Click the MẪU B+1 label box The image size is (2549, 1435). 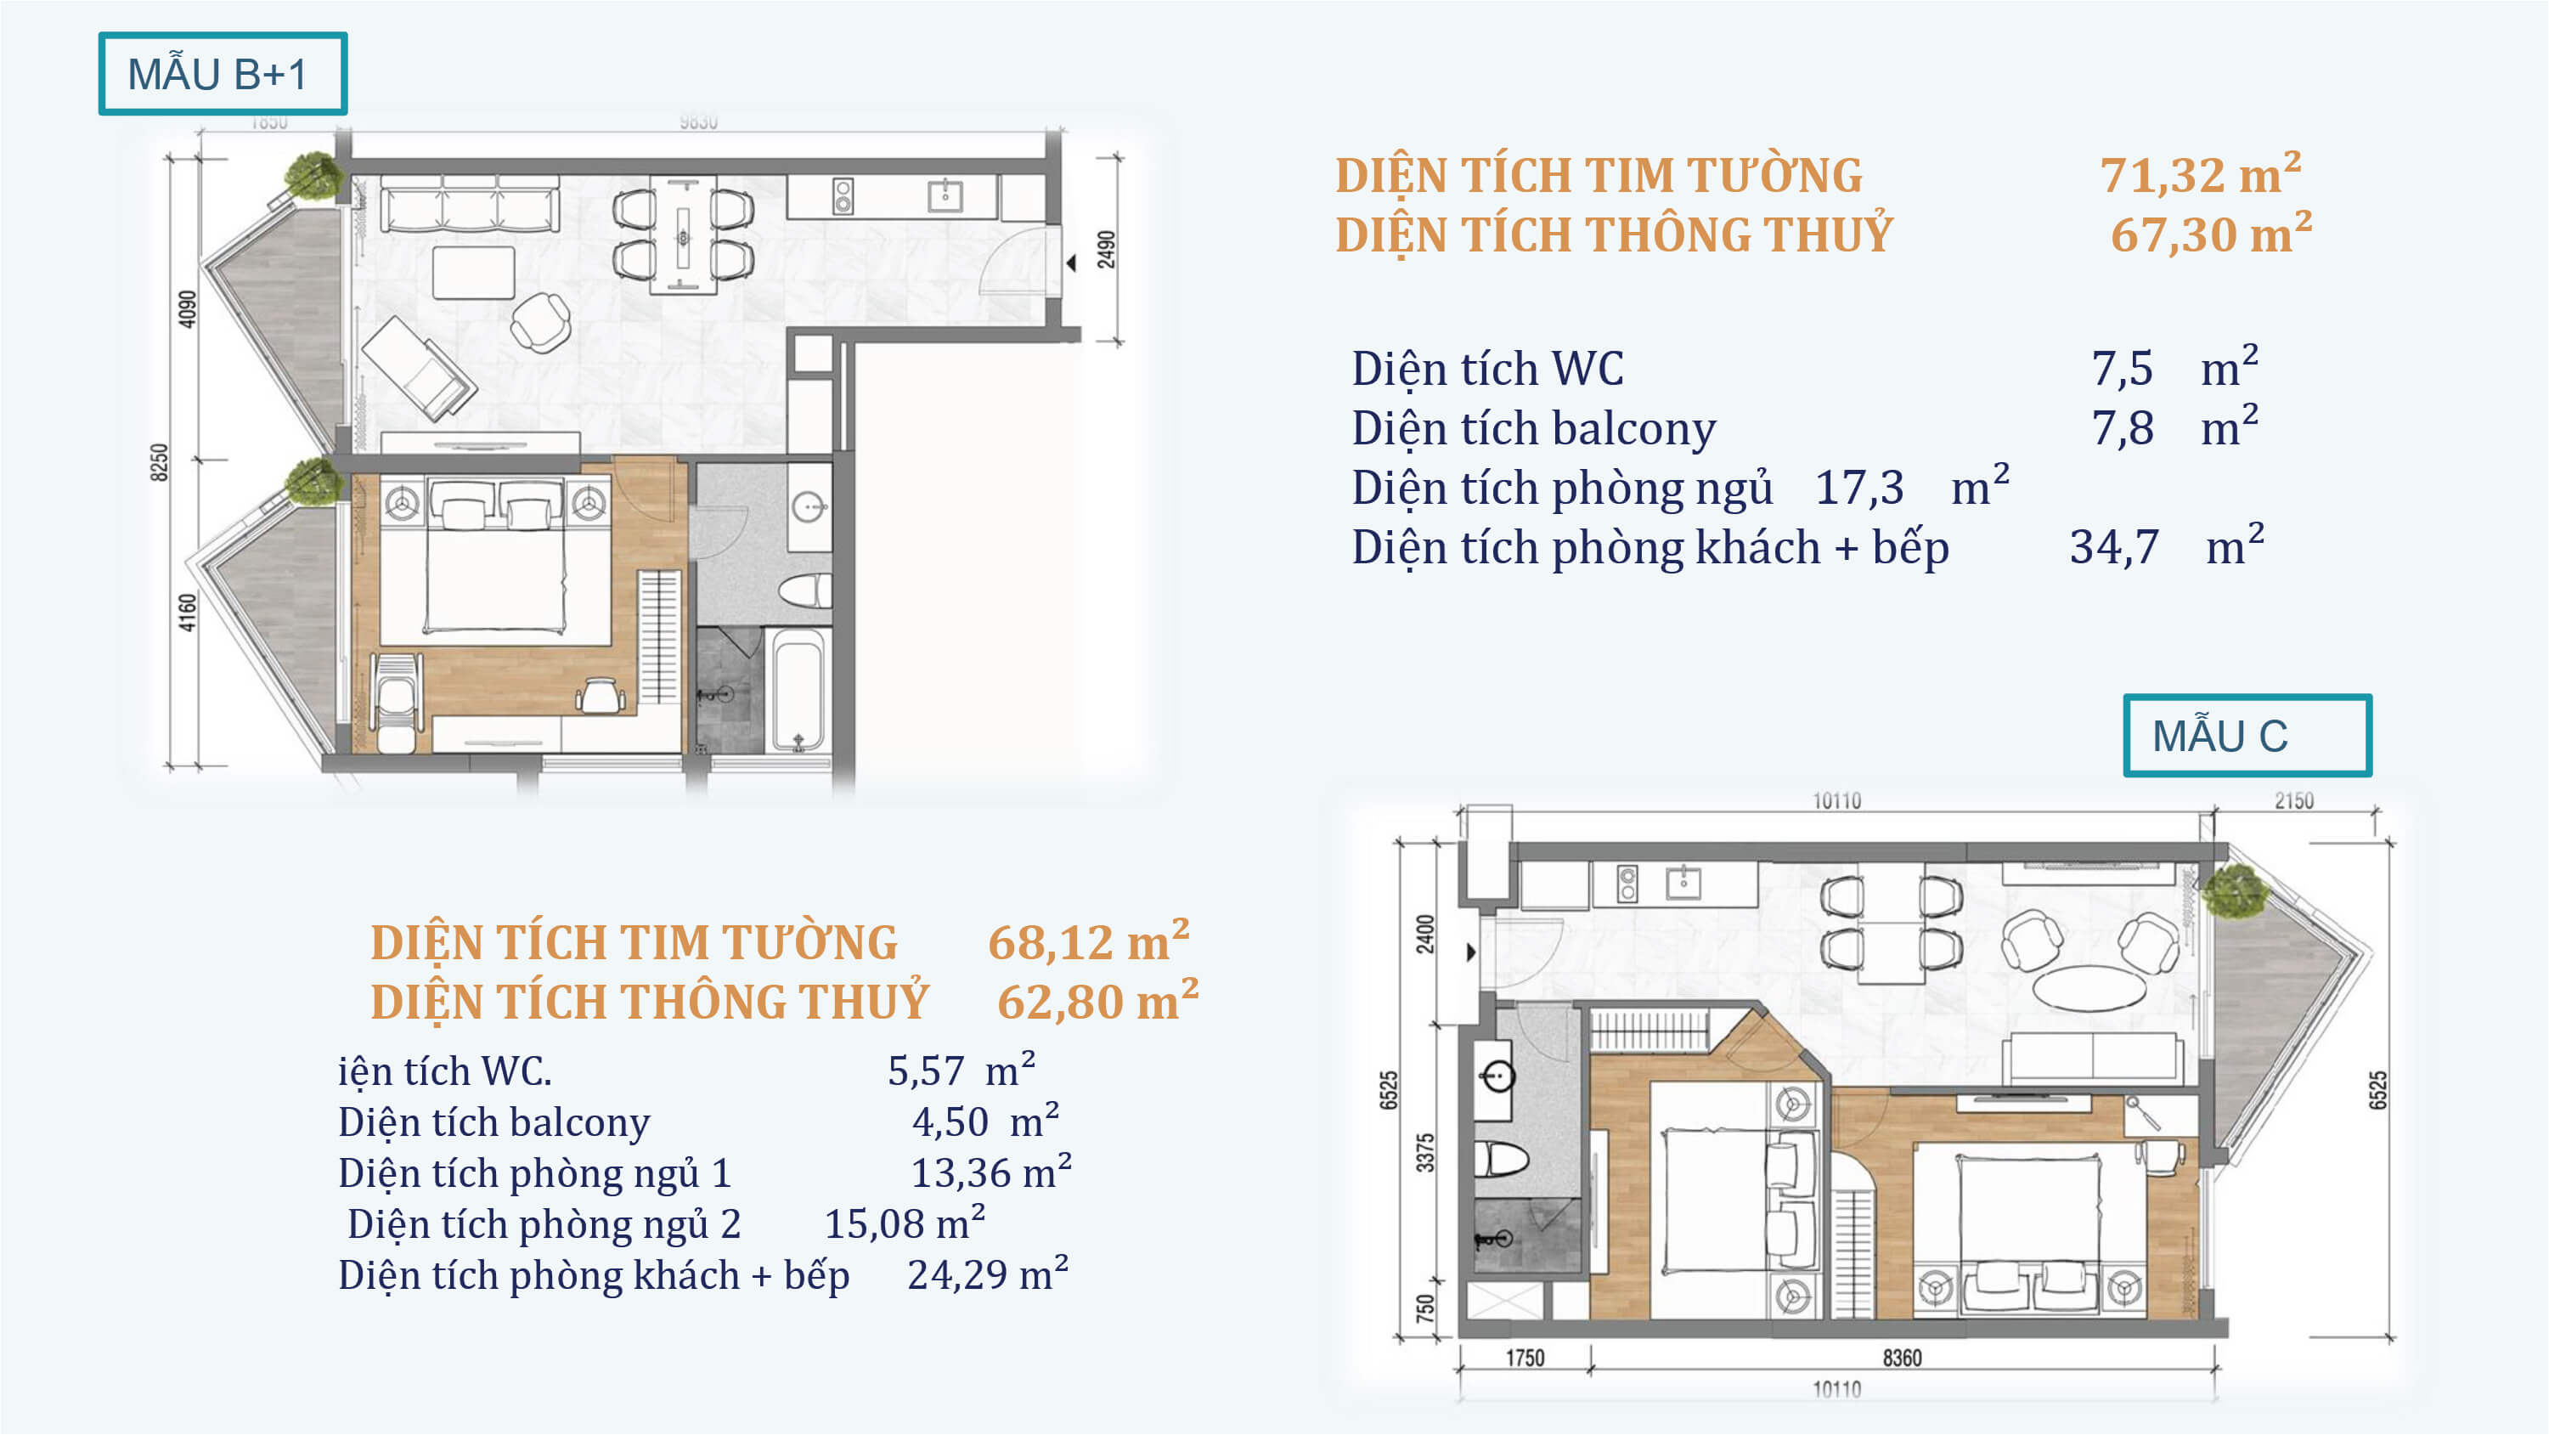click(223, 73)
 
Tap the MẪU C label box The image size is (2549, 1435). click(2247, 735)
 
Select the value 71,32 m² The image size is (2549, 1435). click(2201, 174)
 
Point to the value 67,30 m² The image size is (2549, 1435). click(2211, 234)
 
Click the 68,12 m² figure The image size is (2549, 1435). click(1088, 941)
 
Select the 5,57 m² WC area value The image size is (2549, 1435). click(961, 1070)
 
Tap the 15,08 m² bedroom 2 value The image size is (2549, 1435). click(905, 1223)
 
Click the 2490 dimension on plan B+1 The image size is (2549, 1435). click(1106, 250)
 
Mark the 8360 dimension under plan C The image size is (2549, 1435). click(1902, 1358)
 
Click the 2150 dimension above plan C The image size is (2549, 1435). click(2293, 800)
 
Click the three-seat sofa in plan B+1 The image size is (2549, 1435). click(469, 205)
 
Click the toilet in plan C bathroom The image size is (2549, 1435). click(1500, 1157)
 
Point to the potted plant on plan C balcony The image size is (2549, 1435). click(2235, 890)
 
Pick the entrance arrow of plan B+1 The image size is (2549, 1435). click(1071, 263)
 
